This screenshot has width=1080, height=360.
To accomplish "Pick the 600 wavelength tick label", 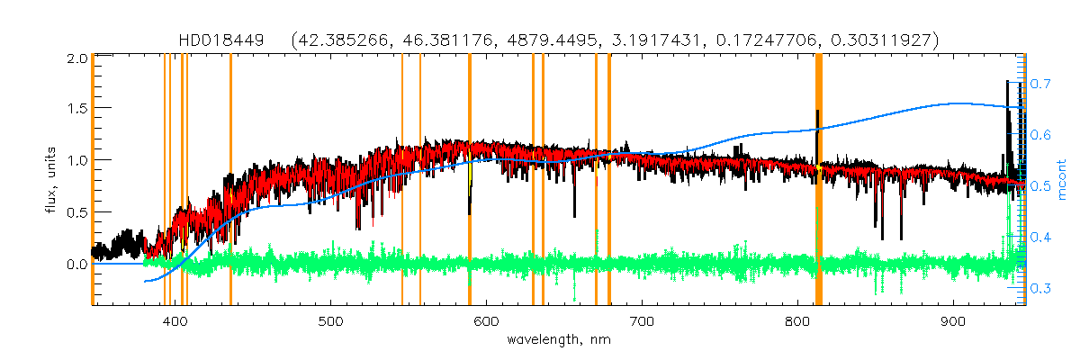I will pyautogui.click(x=486, y=321).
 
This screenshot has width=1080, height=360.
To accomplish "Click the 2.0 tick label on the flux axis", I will pyautogui.click(x=77, y=57).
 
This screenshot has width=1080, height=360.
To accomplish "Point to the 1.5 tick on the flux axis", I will pyautogui.click(x=77, y=108).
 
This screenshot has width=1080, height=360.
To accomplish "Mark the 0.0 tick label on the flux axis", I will pyautogui.click(x=77, y=264).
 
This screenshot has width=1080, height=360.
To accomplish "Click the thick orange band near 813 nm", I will pyautogui.click(x=819, y=180).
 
